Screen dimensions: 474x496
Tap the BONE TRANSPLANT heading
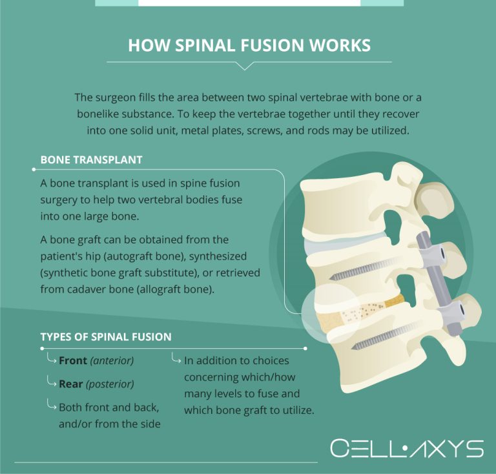click(91, 160)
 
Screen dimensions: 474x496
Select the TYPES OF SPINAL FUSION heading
click(106, 337)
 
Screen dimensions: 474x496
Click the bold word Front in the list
click(73, 360)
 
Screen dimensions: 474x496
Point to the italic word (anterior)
click(112, 360)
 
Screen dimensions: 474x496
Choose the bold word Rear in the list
click(71, 384)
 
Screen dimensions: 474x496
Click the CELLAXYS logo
click(406, 448)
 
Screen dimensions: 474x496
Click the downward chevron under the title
click(245, 66)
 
